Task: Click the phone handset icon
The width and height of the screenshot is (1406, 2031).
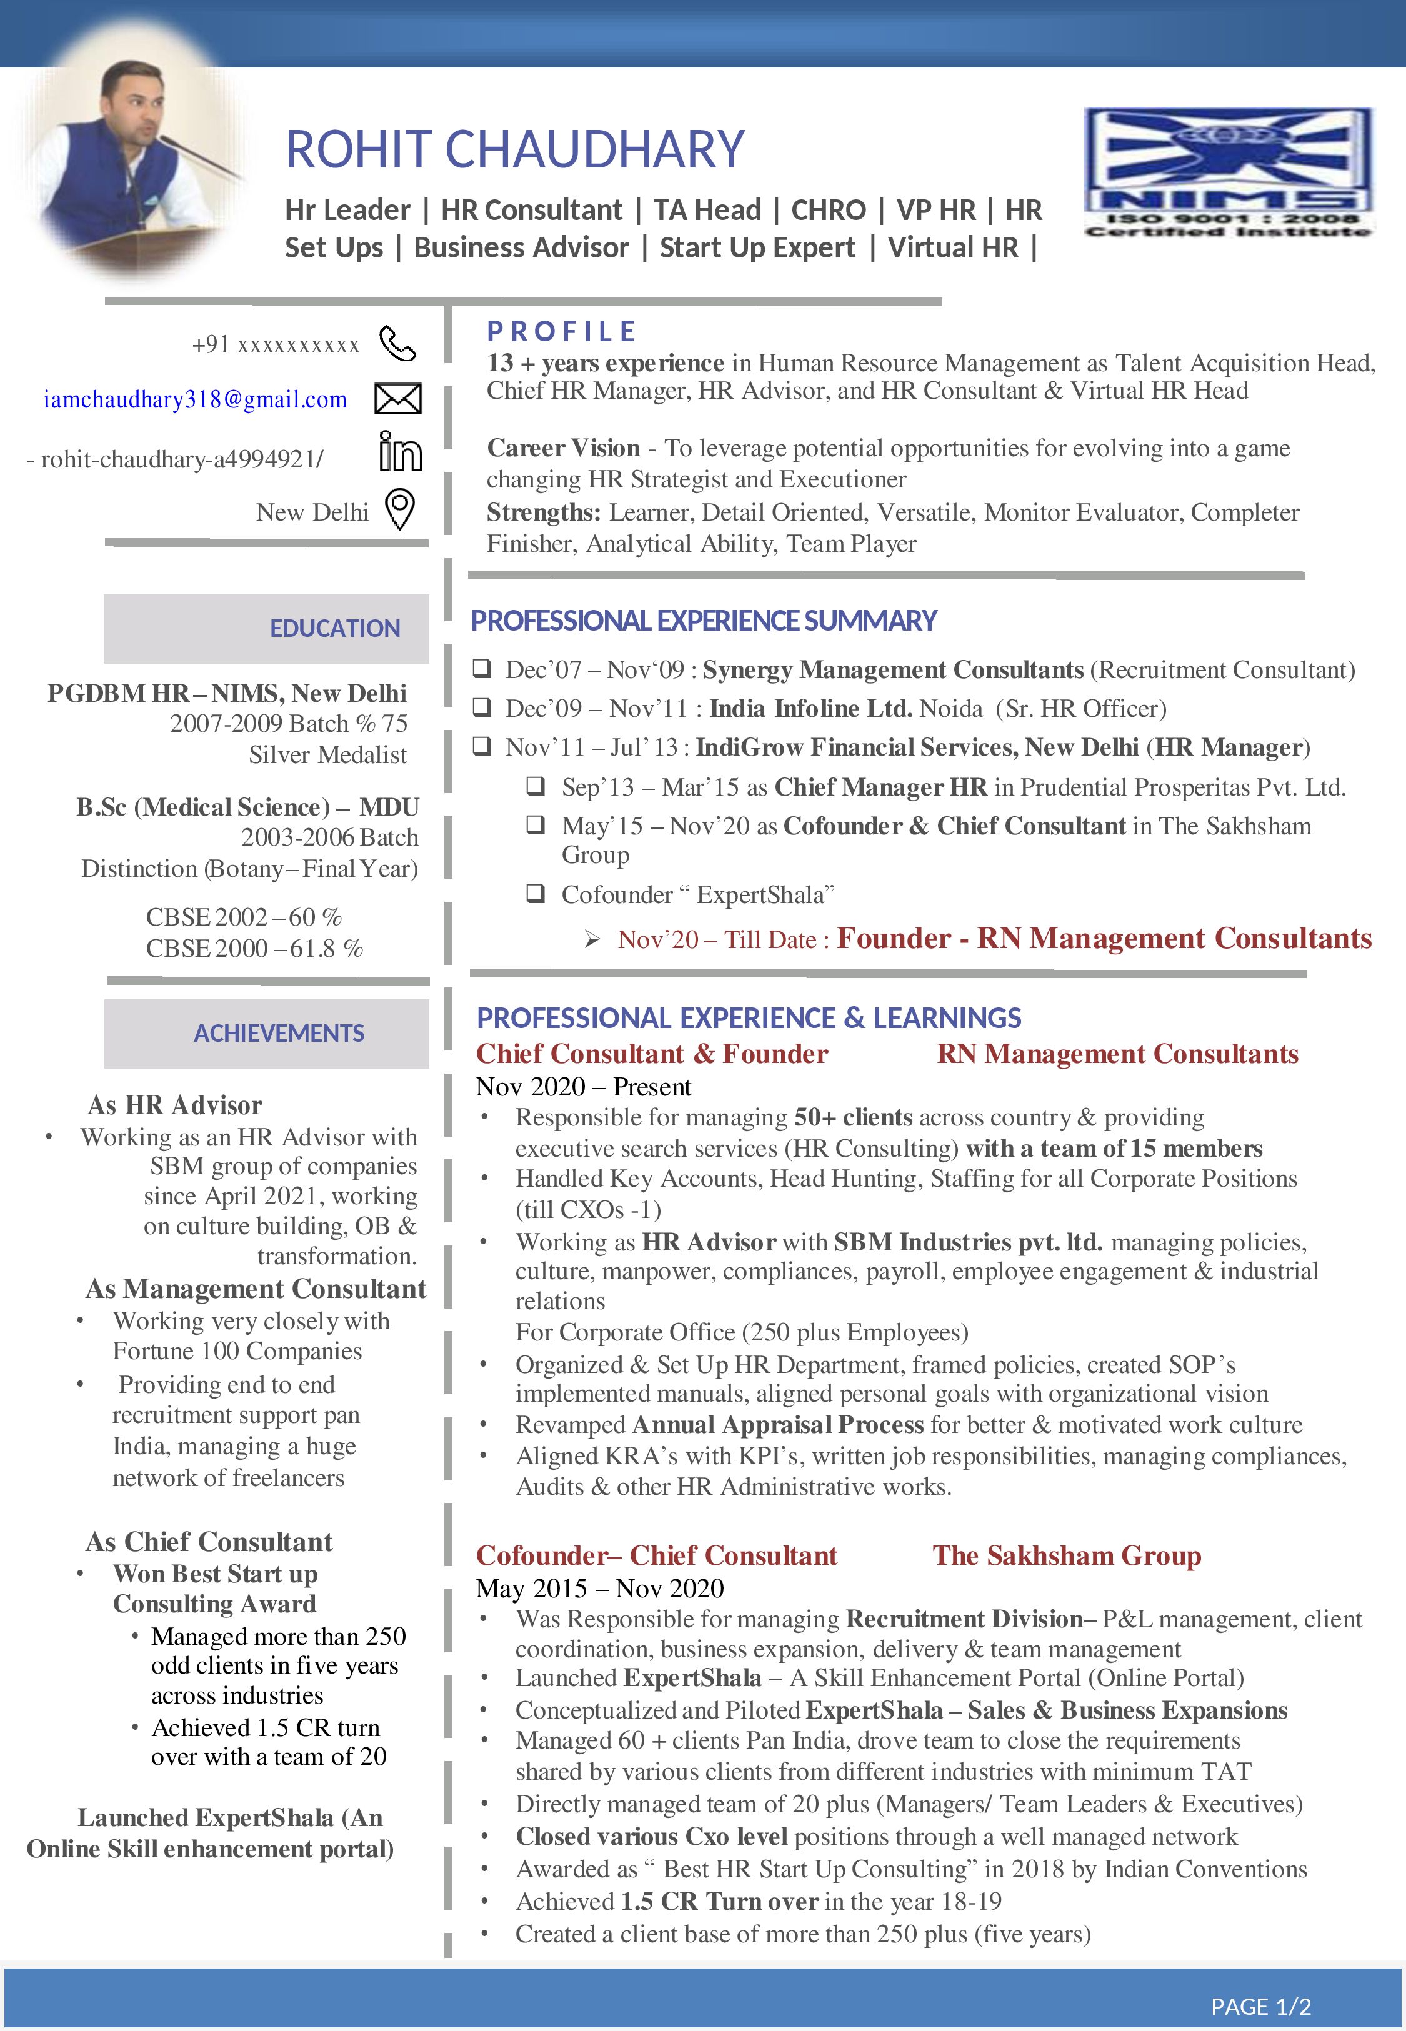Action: (397, 344)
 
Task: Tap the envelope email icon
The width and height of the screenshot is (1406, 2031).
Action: (397, 399)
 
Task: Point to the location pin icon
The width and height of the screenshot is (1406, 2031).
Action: (400, 509)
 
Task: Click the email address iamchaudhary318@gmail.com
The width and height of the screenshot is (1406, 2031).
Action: (195, 400)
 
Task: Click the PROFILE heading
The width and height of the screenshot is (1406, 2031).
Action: (561, 331)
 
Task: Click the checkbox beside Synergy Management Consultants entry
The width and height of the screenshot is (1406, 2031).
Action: (481, 669)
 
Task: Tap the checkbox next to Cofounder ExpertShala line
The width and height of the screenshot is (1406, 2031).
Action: (536, 894)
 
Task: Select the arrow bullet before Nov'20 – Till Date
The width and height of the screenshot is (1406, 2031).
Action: (592, 940)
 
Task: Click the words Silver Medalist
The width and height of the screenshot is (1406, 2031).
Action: (327, 755)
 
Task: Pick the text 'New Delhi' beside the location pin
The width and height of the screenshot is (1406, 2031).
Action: (312, 512)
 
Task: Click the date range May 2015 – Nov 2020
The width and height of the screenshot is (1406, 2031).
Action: (599, 1588)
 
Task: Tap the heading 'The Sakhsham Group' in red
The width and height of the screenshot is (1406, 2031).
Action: (1066, 1555)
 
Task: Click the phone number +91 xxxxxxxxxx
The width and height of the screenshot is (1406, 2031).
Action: (275, 344)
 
